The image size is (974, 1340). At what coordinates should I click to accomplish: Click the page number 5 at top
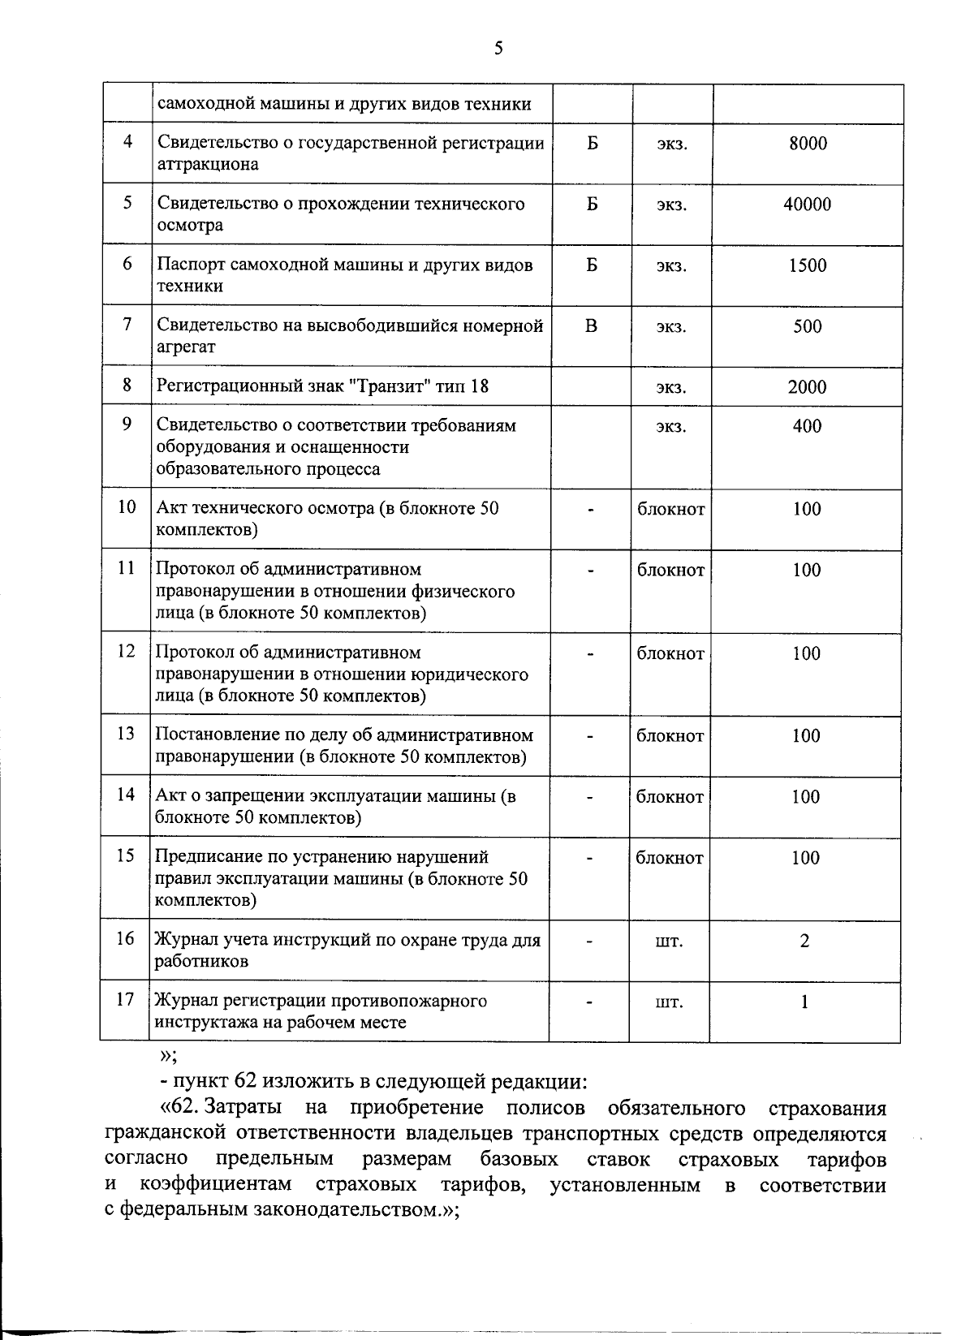(498, 49)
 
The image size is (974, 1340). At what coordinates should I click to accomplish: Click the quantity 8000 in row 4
(808, 144)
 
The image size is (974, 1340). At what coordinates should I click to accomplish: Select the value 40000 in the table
(807, 205)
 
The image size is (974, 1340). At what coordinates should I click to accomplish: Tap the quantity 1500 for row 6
(807, 265)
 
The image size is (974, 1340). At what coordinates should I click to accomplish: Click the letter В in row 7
(591, 326)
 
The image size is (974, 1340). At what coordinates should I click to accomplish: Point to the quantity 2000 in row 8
(807, 387)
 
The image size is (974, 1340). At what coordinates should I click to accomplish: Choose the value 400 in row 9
(807, 426)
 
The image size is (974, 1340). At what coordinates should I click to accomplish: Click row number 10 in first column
(127, 508)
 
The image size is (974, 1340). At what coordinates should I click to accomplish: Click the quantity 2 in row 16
(804, 941)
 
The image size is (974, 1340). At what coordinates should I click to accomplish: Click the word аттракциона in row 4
(207, 165)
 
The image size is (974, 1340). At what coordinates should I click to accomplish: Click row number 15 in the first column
(125, 856)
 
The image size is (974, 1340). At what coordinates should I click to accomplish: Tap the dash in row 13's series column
(591, 737)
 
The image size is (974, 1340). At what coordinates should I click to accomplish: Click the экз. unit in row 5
(672, 205)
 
